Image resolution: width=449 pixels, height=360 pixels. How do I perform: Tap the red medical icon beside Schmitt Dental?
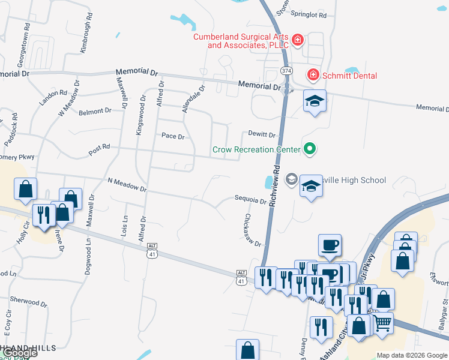coord(312,75)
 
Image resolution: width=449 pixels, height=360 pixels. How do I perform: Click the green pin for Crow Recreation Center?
coord(310,148)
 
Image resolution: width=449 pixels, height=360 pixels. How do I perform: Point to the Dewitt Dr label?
coord(262,135)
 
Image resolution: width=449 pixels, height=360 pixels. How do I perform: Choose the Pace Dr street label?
coord(173,136)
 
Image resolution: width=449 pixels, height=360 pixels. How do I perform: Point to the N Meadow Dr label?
coord(127,184)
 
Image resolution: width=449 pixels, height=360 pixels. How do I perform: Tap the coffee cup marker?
coord(330,245)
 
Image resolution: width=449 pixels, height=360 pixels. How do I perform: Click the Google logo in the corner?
coord(20,353)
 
